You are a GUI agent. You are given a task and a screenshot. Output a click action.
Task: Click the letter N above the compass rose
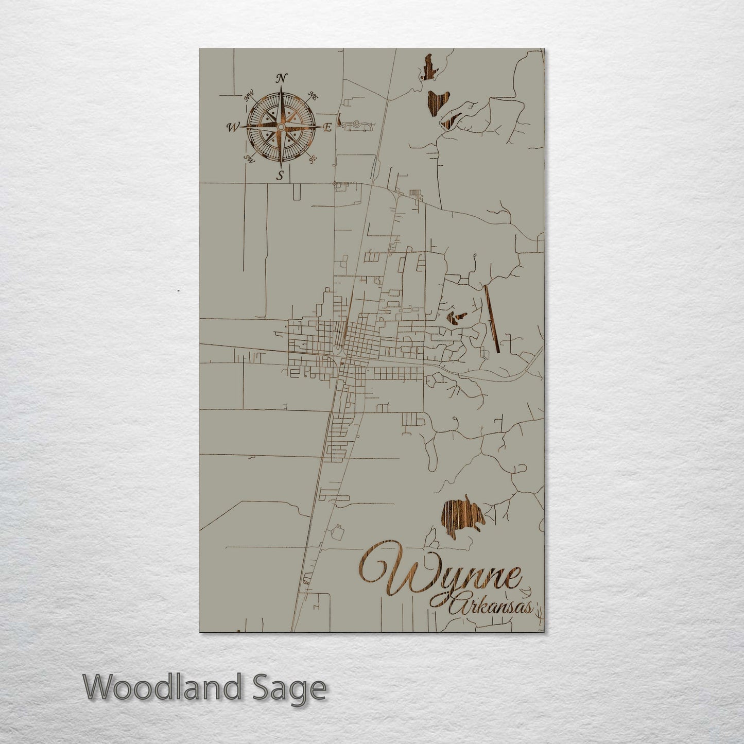click(x=281, y=78)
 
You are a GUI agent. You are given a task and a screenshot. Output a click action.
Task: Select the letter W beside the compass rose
click(x=233, y=127)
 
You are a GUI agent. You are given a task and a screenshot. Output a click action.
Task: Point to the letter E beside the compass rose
click(x=327, y=128)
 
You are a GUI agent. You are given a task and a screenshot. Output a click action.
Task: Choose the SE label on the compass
click(x=312, y=159)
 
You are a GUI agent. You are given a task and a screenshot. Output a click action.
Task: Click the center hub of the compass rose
click(x=281, y=127)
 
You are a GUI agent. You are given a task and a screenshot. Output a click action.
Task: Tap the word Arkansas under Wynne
click(x=492, y=607)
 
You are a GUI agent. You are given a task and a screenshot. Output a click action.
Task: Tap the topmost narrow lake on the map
click(x=427, y=67)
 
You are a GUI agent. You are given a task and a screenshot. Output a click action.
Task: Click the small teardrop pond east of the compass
click(x=340, y=122)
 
